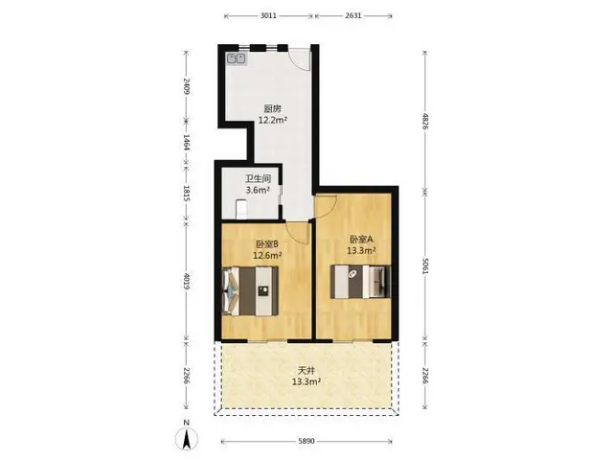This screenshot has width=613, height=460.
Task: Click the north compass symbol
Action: [x=187, y=436]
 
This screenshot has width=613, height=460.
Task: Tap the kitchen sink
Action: [x=237, y=58]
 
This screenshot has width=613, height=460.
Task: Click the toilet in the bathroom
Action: [x=241, y=209]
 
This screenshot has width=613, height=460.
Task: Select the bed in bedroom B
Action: [x=250, y=290]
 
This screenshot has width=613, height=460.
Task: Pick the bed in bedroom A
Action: [x=360, y=282]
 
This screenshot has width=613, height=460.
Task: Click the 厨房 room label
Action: [x=272, y=108]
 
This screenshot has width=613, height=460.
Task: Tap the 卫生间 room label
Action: [x=258, y=179]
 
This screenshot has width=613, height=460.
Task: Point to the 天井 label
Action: [x=306, y=370]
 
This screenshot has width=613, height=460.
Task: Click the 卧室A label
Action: [x=362, y=239]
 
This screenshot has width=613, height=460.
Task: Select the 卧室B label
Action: [x=267, y=244]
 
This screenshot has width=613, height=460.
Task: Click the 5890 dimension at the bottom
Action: [x=306, y=441]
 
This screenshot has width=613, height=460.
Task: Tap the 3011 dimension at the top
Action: [x=268, y=15]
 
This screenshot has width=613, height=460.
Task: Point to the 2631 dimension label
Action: [x=353, y=15]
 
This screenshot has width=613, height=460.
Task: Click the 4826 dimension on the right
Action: [x=425, y=122]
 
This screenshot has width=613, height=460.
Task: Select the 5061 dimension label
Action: [x=425, y=265]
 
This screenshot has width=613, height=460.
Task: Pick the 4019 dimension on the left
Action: [x=187, y=281]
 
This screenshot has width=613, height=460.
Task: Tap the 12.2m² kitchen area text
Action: [x=272, y=120]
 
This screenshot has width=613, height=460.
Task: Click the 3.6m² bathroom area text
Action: [x=258, y=190]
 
